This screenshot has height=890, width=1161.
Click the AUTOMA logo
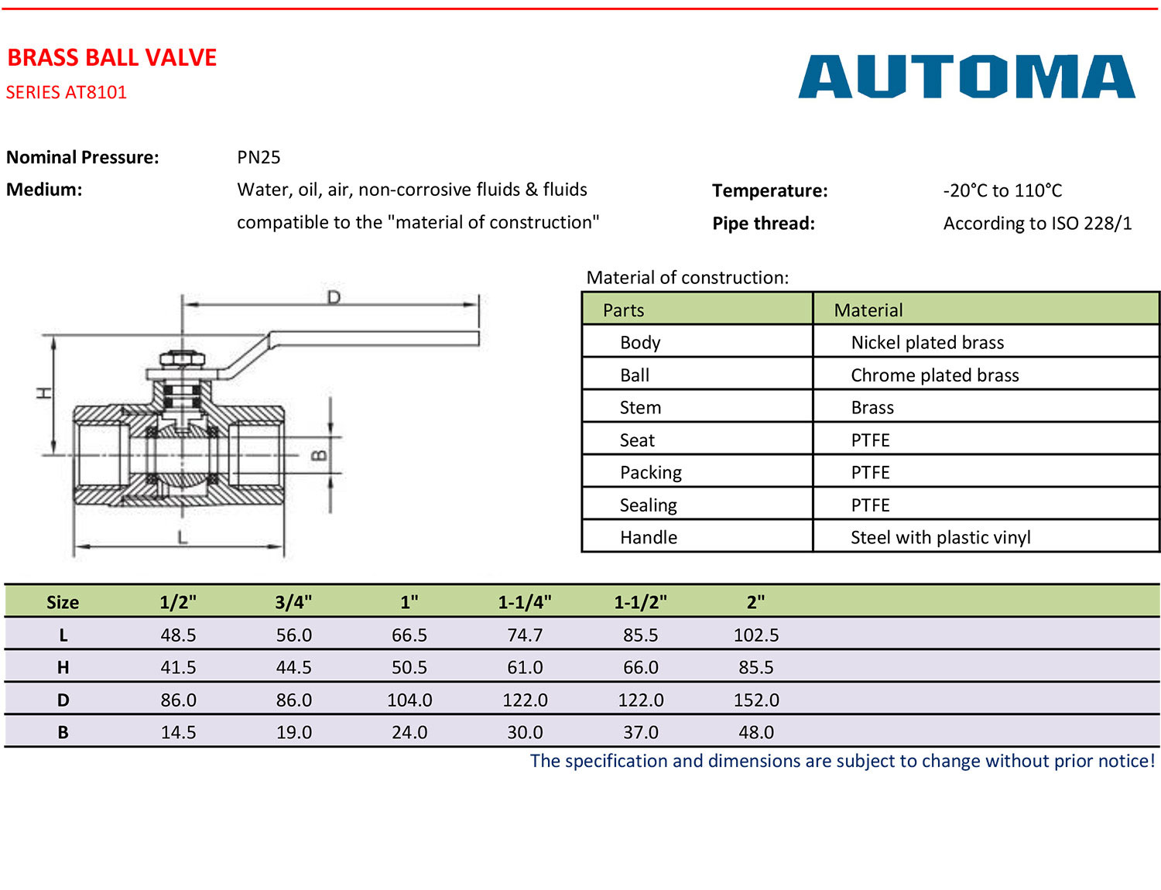coord(966,77)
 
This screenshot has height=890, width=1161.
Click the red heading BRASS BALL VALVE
coord(111,58)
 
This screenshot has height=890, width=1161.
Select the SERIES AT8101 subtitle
coord(67,92)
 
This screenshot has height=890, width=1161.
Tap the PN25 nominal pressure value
coord(259,157)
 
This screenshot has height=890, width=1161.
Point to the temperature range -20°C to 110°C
coord(1002,190)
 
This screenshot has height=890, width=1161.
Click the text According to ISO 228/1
coord(1037,223)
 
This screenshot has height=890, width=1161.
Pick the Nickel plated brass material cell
coord(927,342)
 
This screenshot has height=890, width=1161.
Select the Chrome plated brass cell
coord(934,375)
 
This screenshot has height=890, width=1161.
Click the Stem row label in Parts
coord(640,408)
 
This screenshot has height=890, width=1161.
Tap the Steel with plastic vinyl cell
coord(940,537)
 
